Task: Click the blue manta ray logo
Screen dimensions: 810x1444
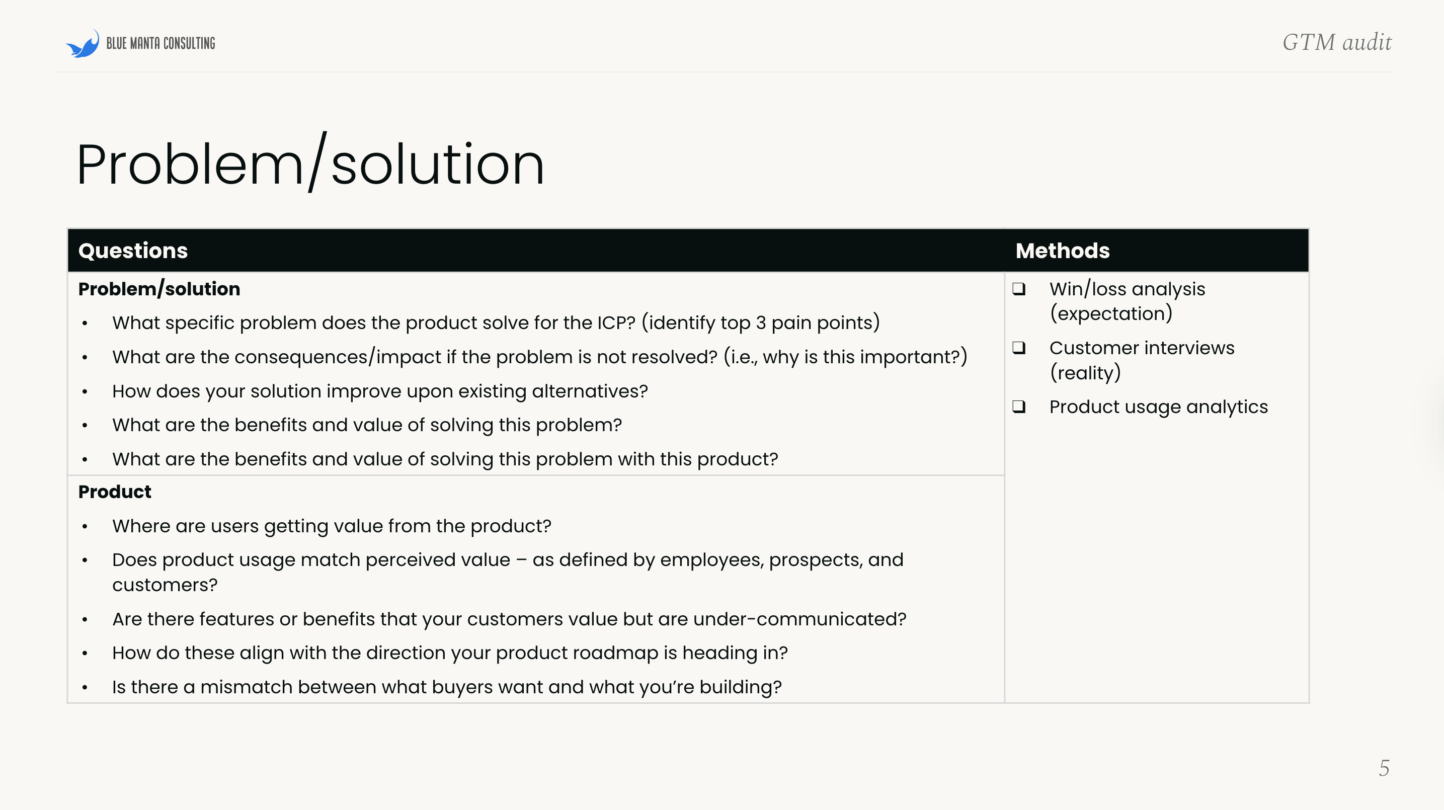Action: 83,44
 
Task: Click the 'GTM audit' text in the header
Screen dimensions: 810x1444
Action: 1336,43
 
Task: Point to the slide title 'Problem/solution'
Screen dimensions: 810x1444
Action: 310,164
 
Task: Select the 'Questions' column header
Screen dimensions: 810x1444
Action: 133,251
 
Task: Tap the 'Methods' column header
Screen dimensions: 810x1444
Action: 1062,251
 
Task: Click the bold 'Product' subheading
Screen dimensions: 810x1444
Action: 114,492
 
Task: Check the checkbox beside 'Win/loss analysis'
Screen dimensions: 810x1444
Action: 1018,289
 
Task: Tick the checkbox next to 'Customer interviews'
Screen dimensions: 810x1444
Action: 1018,348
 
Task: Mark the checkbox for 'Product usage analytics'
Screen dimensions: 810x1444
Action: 1018,407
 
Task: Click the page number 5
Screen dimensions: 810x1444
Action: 1384,768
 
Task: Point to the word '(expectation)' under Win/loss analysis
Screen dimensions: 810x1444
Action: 1111,314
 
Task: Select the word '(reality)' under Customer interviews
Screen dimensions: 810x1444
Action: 1085,373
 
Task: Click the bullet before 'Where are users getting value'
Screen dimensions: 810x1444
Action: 85,526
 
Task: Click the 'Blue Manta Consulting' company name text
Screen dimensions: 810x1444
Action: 161,44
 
